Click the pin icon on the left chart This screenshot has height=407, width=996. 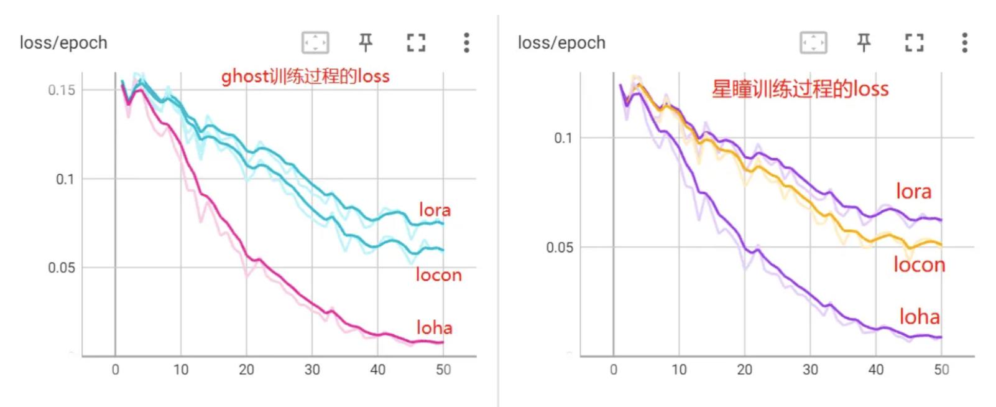(x=366, y=42)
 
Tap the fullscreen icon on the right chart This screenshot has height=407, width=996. (x=914, y=42)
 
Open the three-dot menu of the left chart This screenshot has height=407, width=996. (x=466, y=42)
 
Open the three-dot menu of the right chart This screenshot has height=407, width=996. (x=964, y=42)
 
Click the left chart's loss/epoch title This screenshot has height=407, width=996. (x=63, y=43)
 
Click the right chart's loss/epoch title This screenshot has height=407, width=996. (x=561, y=43)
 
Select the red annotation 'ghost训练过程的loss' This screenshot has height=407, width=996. (x=305, y=77)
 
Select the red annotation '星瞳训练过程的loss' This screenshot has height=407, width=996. (x=800, y=89)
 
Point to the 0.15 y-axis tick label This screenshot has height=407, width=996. (x=62, y=90)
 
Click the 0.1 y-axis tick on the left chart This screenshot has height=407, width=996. (x=65, y=179)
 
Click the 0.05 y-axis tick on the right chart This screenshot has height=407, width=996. (x=560, y=248)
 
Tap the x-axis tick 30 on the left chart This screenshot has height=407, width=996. (x=312, y=370)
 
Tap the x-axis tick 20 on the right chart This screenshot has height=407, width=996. (x=745, y=370)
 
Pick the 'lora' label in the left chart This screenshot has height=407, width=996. (x=435, y=210)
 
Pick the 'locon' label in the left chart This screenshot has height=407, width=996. (x=438, y=275)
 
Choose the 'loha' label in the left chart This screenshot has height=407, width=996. (x=434, y=327)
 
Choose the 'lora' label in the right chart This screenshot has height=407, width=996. (x=913, y=191)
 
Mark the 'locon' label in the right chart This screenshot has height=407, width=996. (x=919, y=265)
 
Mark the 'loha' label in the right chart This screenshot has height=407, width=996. (x=919, y=317)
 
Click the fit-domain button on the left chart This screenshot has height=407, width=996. (x=315, y=42)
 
